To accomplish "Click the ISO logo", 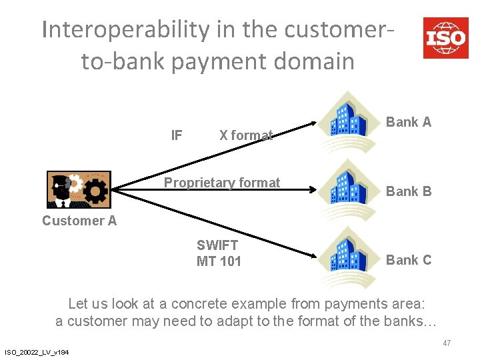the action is point(445,37).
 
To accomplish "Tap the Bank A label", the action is point(409,122).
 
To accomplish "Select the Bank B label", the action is point(409,191).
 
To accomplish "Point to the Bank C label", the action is point(409,260).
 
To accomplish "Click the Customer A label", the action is point(79,221).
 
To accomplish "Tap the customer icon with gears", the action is point(79,189).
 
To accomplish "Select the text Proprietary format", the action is point(222,183).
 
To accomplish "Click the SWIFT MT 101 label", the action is point(219,253).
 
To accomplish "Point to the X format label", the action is point(246,135).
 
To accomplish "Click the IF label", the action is point(177,135).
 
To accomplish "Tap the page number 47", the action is point(447,343).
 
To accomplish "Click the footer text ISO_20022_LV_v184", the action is point(38,352).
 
